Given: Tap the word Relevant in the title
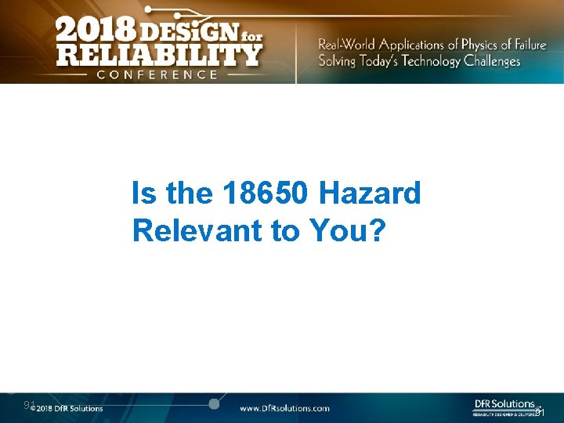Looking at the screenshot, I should (x=196, y=230).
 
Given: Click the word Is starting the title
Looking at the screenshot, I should (x=144, y=193).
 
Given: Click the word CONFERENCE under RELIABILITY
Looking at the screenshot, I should (x=157, y=74).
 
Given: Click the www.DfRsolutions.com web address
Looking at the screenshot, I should (x=284, y=408).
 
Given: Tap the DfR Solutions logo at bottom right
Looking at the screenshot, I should (x=503, y=406).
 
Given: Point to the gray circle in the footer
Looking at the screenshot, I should (x=213, y=403).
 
